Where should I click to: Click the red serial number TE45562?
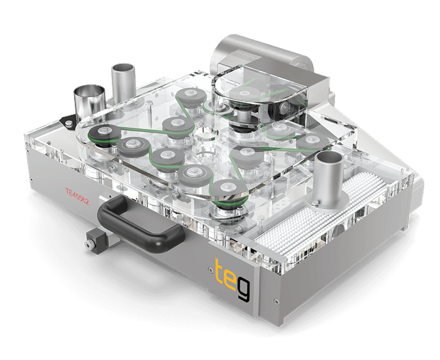pyautogui.click(x=77, y=196)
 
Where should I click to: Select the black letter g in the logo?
pyautogui.click(x=243, y=290)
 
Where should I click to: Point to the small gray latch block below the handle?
pyautogui.click(x=96, y=241)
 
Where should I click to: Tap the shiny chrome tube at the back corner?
pyautogui.click(x=90, y=101)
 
